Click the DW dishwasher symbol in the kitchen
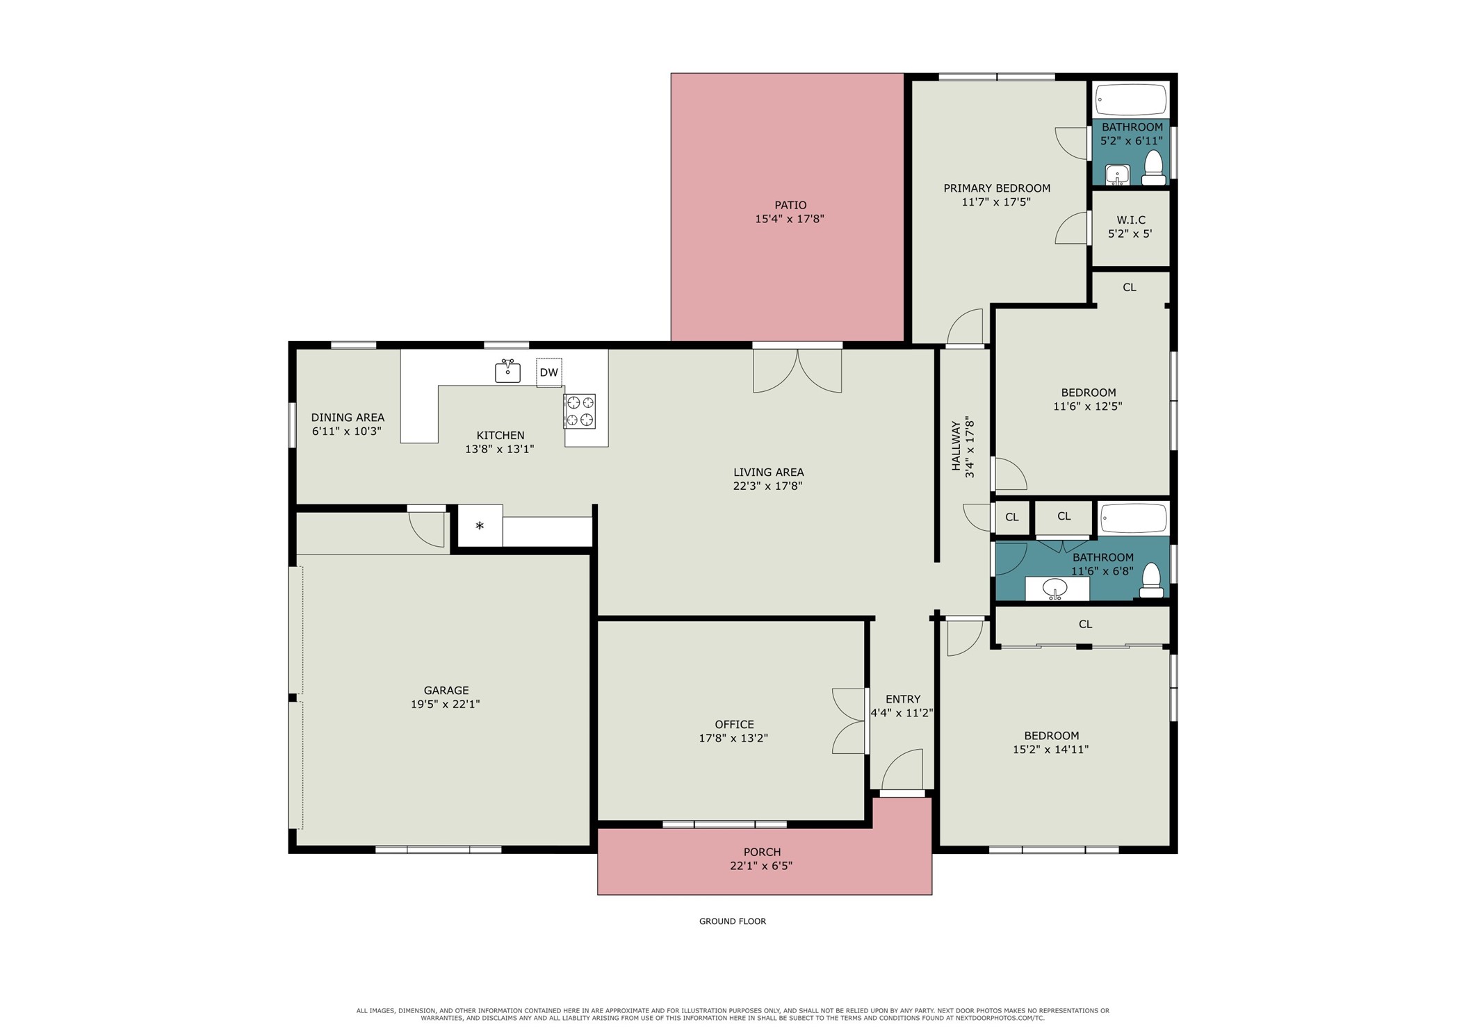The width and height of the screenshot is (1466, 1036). coord(548,372)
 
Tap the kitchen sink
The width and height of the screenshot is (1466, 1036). coord(507,372)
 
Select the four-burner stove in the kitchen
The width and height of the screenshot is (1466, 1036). coord(580,411)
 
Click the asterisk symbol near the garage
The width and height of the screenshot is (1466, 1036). coord(480,526)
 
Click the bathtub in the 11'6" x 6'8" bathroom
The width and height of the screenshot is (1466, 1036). coord(1133,518)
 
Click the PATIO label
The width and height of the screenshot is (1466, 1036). coord(790,205)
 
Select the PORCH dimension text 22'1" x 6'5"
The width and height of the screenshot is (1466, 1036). coord(761,866)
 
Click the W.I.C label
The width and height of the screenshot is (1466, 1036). coord(1131,220)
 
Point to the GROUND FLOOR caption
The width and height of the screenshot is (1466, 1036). coord(733,921)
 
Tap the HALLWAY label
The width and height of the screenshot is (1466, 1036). coord(956,446)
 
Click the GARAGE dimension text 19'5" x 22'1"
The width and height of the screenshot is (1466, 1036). coord(445,704)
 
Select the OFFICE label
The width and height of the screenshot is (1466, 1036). coord(734,724)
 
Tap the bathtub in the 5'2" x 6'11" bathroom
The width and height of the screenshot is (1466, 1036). coord(1131,100)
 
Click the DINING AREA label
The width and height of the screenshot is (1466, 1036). coord(348,418)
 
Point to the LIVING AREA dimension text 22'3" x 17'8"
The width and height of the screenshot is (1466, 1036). coord(767,486)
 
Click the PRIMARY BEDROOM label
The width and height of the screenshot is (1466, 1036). coord(997,188)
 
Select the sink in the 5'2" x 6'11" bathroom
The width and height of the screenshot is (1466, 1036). coord(1117,174)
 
